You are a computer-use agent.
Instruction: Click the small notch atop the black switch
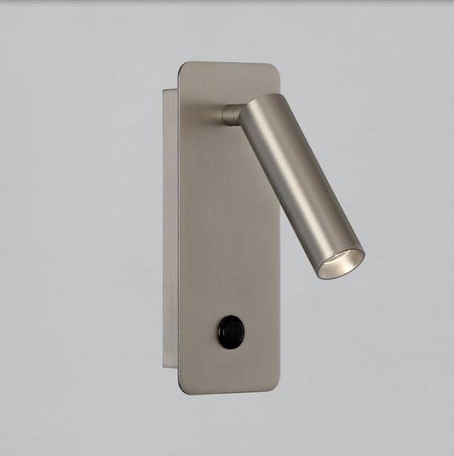click(229, 316)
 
